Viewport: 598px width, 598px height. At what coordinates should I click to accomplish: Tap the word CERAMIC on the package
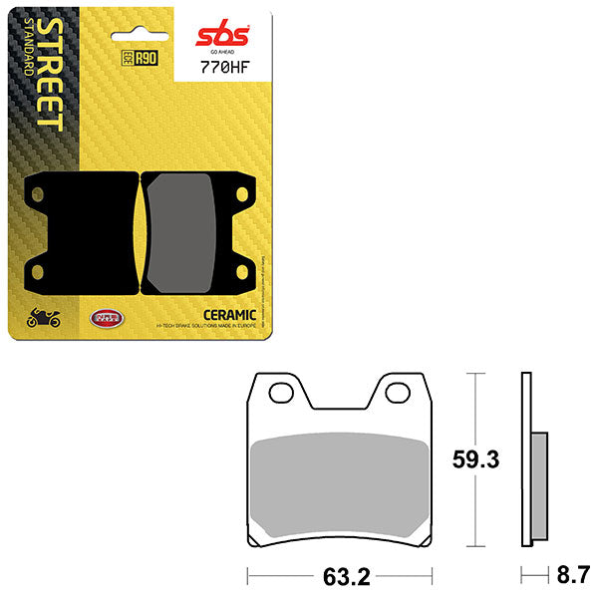pos(231,314)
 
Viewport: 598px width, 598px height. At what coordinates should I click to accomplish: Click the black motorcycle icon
pos(43,319)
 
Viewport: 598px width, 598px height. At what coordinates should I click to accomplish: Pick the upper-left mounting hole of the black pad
pos(42,191)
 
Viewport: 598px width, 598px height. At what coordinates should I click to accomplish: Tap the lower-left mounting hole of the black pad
pos(42,271)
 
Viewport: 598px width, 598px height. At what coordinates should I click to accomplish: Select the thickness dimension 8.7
pos(574,575)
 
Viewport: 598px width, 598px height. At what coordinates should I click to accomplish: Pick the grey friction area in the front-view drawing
pos(342,482)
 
